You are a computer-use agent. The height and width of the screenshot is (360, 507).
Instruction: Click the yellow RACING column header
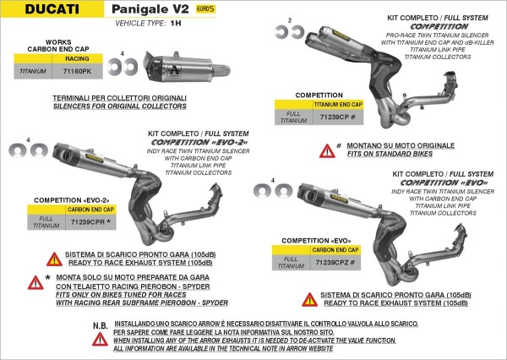[x=78, y=61]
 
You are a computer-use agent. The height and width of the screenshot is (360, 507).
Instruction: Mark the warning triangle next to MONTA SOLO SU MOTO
[x=35, y=282]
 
